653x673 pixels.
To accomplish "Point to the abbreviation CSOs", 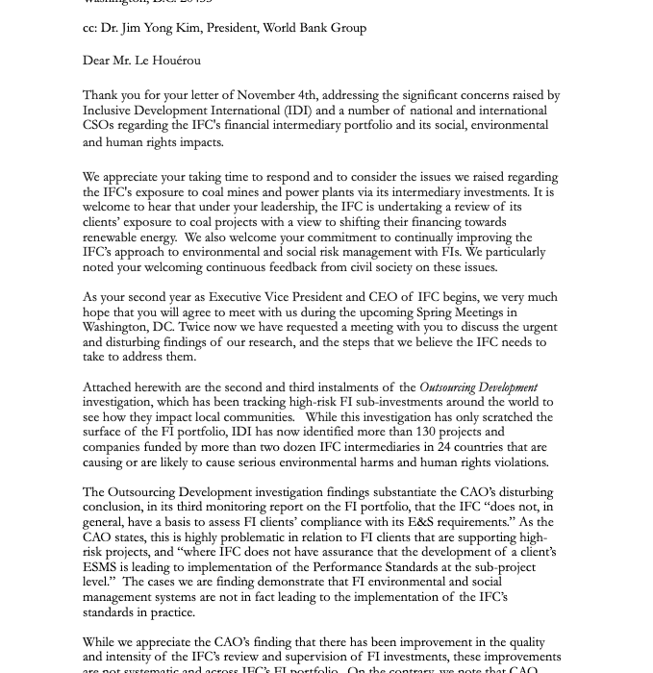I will [x=99, y=126].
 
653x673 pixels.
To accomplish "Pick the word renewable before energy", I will [x=113, y=237].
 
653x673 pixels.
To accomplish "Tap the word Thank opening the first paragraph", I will [x=101, y=95].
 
